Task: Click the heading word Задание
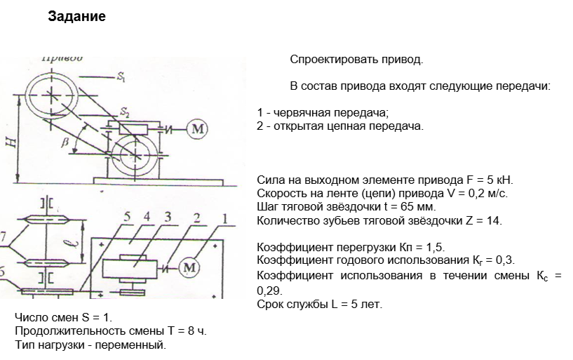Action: [77, 16]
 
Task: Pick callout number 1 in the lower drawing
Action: [224, 219]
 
